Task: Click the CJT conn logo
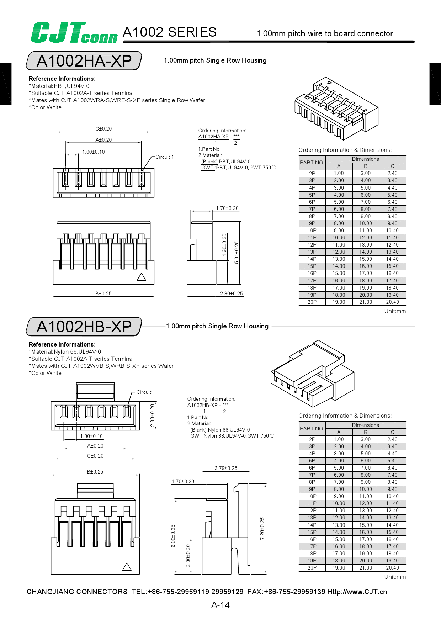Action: pyautogui.click(x=74, y=33)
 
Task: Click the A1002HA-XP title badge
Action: pyautogui.click(x=84, y=61)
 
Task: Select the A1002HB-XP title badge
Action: pyautogui.click(x=84, y=327)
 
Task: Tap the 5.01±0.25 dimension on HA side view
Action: pyautogui.click(x=237, y=253)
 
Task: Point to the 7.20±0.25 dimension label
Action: pyautogui.click(x=262, y=529)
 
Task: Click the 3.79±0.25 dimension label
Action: pyautogui.click(x=226, y=468)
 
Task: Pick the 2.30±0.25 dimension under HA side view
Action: pyautogui.click(x=231, y=294)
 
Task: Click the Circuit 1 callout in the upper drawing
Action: pyautogui.click(x=164, y=157)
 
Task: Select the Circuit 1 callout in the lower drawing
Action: pyautogui.click(x=145, y=392)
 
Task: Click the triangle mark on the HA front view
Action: pyautogui.click(x=142, y=277)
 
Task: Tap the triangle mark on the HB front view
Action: pyautogui.click(x=127, y=567)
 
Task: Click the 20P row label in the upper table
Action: pyautogui.click(x=312, y=302)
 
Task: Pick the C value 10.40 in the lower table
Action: pyautogui.click(x=392, y=496)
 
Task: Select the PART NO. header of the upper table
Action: pyautogui.click(x=312, y=163)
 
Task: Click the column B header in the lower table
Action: pyautogui.click(x=365, y=432)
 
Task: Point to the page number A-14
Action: pyautogui.click(x=220, y=605)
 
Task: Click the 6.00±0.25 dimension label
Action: pyautogui.click(x=173, y=536)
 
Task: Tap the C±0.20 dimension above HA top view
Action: pyautogui.click(x=103, y=129)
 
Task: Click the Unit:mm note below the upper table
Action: pyautogui.click(x=395, y=311)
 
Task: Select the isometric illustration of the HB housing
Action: pyautogui.click(x=312, y=374)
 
